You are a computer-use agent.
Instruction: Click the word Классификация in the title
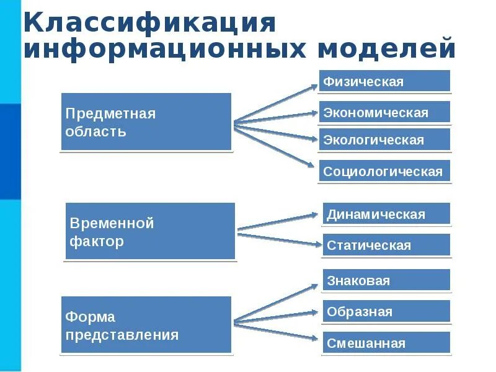tap(149, 22)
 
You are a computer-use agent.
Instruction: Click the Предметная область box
tap(146, 122)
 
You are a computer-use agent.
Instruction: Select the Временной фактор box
tap(150, 231)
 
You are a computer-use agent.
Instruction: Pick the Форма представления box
tap(146, 325)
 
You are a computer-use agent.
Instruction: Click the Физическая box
tap(384, 81)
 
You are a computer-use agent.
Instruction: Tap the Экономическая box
tap(384, 112)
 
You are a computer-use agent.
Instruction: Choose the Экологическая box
tap(384, 139)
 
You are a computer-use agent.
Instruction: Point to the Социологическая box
tap(385, 171)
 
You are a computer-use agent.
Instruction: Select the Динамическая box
tap(386, 215)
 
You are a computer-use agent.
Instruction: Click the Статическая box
tap(386, 246)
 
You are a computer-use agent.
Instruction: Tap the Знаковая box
tap(386, 280)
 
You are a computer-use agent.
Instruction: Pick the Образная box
tap(386, 311)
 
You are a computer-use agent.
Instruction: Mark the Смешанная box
tap(386, 343)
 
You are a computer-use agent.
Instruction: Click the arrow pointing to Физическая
tap(276, 102)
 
